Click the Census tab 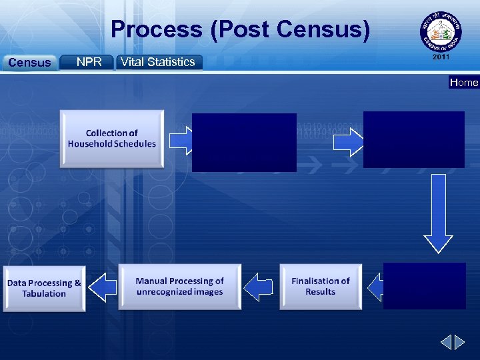[x=29, y=63]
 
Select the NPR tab [x=89, y=62]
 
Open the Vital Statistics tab [x=159, y=62]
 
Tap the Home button [x=464, y=82]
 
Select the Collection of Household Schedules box [x=111, y=139]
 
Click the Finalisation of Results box [x=321, y=287]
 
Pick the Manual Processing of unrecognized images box [x=179, y=287]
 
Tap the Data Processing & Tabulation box [x=44, y=288]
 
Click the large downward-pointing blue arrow [x=438, y=213]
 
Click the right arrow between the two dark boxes [x=347, y=141]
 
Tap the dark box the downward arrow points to [x=425, y=286]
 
